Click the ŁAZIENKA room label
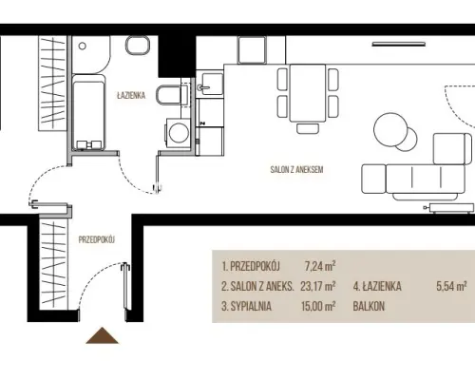tap(131, 95)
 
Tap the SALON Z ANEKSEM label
tap(296, 169)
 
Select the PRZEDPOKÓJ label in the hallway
tap(97, 239)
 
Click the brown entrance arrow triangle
tap(102, 335)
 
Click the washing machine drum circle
tap(180, 133)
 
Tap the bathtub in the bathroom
tap(88, 112)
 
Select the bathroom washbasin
tap(138, 46)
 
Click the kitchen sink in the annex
tap(210, 84)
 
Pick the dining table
tap(308, 93)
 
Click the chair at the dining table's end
tap(308, 128)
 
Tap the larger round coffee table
tap(390, 129)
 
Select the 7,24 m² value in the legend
tap(320, 266)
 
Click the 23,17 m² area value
tap(318, 286)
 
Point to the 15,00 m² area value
tap(318, 306)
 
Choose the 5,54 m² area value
tap(451, 286)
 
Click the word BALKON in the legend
tap(369, 306)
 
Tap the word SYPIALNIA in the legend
tap(251, 306)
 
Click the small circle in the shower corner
tap(83, 46)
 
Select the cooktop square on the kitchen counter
tap(252, 49)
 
